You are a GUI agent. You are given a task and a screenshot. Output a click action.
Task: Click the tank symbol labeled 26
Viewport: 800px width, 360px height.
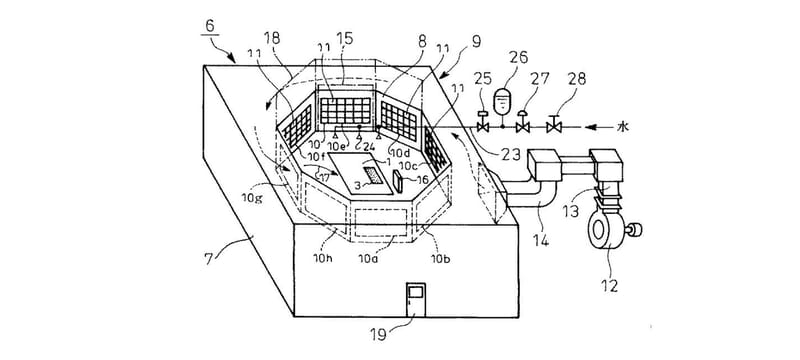tap(503, 101)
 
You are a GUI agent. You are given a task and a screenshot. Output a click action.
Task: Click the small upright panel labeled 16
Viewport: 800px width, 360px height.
tap(397, 181)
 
